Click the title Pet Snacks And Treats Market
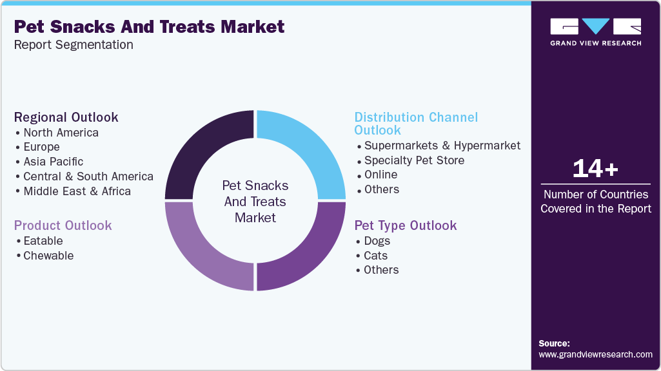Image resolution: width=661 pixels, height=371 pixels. [x=149, y=27]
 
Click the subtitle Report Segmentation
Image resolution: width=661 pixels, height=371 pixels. [x=74, y=45]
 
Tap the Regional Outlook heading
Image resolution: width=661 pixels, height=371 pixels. [x=66, y=117]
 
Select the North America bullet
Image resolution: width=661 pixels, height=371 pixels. [x=61, y=133]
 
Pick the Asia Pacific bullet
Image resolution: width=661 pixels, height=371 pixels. [x=53, y=162]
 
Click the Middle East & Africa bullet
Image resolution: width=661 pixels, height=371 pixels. [x=77, y=191]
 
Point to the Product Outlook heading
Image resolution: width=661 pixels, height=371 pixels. [x=63, y=225]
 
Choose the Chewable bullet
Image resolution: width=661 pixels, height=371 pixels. [x=48, y=256]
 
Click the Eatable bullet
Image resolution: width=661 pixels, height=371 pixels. [x=43, y=241]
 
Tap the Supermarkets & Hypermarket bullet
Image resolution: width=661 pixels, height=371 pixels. [x=442, y=146]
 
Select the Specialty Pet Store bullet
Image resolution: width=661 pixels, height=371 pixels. [x=414, y=160]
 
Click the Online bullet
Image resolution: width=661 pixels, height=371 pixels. [x=380, y=175]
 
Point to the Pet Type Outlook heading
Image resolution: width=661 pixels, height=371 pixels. [x=406, y=225]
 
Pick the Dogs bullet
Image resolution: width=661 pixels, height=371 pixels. [x=377, y=241]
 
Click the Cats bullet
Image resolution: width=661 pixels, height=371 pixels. [x=375, y=256]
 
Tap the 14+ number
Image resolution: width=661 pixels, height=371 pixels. [x=595, y=169]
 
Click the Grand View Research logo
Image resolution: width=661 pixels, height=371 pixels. [x=595, y=32]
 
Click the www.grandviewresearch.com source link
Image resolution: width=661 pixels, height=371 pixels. [x=595, y=354]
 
